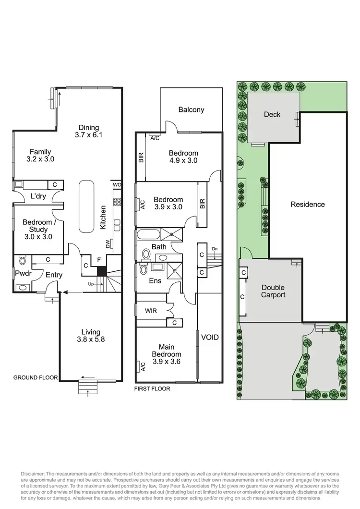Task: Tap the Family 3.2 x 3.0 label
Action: click(40, 156)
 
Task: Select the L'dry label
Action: click(38, 196)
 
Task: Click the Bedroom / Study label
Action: click(37, 229)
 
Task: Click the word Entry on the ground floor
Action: click(54, 275)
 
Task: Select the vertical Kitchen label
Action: click(103, 218)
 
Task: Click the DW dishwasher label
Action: click(108, 244)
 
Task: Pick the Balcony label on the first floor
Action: click(191, 109)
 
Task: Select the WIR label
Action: click(151, 311)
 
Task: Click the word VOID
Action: click(209, 337)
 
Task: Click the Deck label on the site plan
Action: click(272, 114)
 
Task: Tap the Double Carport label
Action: click(273, 291)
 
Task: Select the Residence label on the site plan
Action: click(308, 204)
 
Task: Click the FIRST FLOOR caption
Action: click(152, 388)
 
